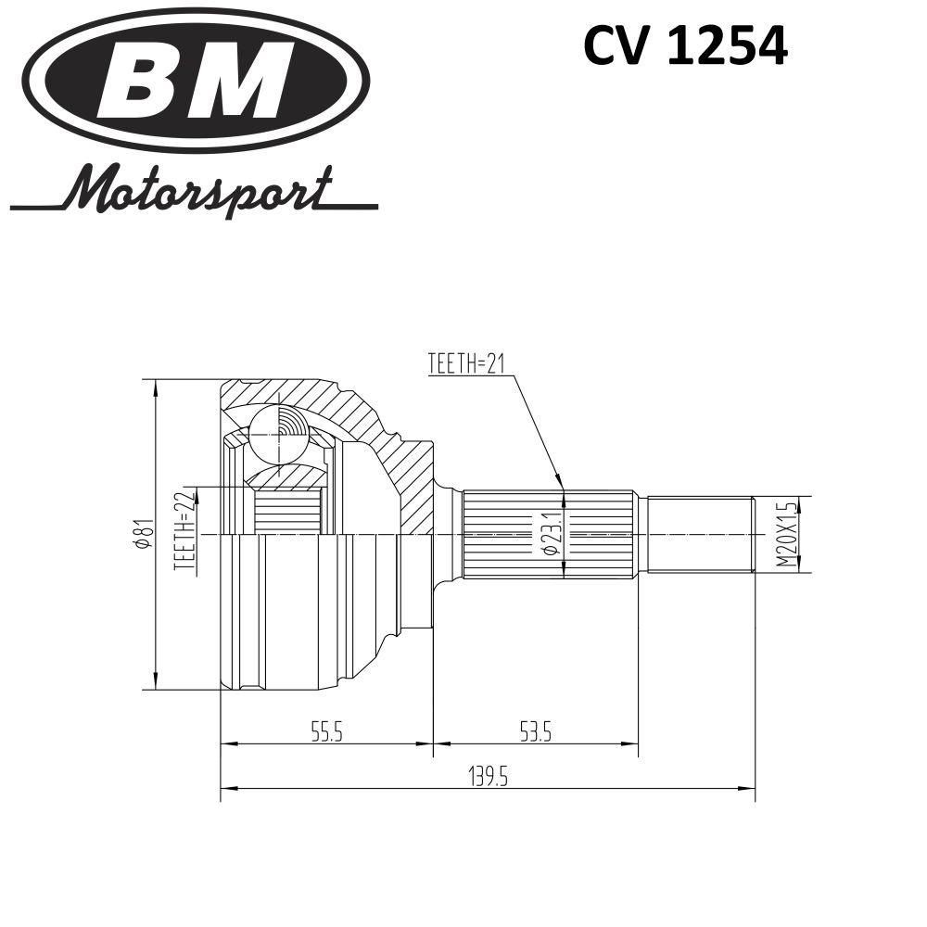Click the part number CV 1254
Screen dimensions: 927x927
pos(685,46)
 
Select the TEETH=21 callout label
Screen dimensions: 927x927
pos(466,364)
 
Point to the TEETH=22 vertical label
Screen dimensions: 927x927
pos(184,531)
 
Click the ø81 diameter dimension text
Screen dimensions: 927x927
pos(144,534)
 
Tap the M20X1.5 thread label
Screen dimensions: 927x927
pos(786,535)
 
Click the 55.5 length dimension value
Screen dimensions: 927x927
pos(327,733)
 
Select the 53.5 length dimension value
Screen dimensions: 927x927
pos(536,733)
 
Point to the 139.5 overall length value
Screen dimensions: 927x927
pos(488,777)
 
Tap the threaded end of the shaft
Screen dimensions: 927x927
pos(702,535)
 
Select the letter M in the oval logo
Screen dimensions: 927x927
pos(244,80)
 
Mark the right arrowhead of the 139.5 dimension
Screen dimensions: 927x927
pos(748,788)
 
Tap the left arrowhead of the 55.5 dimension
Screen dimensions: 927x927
pos(229,743)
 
